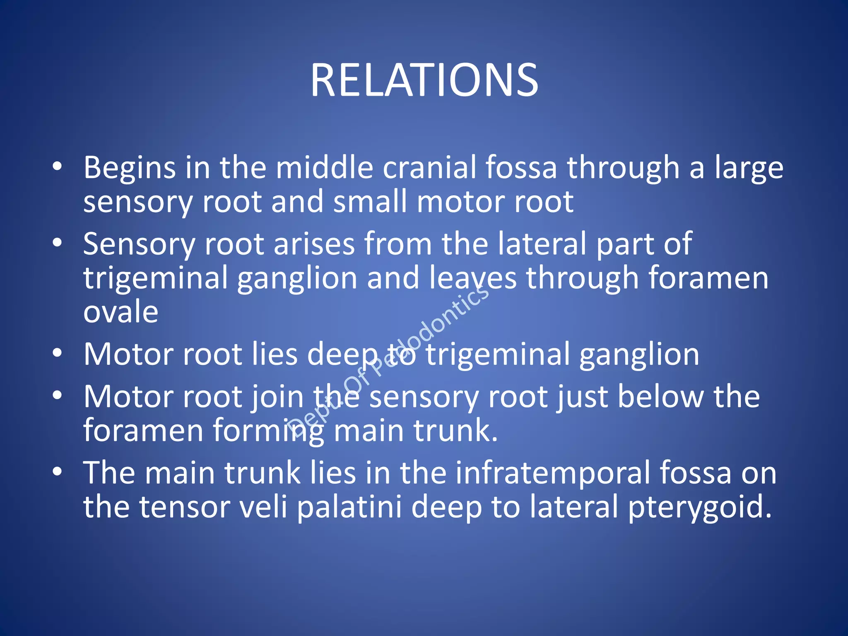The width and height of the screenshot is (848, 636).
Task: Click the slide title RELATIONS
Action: tap(424, 80)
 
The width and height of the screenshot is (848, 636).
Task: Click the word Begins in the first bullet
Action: tap(130, 168)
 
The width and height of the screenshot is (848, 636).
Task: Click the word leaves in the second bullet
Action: tap(473, 278)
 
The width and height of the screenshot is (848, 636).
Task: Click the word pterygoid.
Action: tap(700, 508)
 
